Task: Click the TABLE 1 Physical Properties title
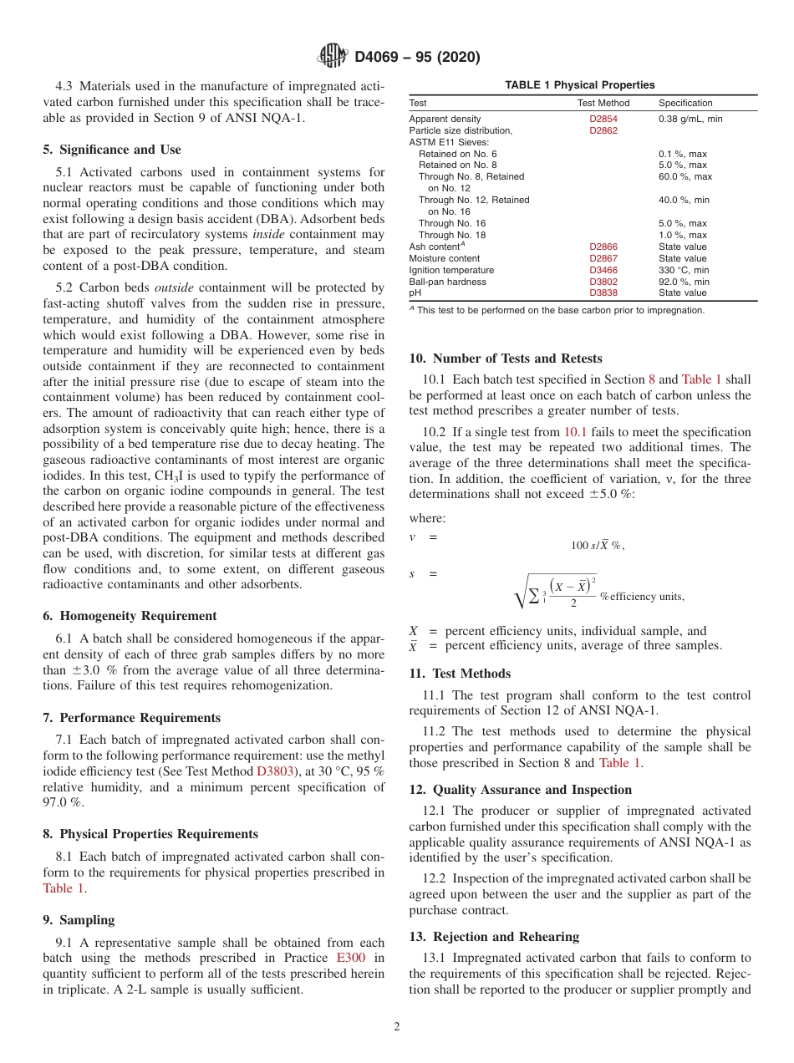click(579, 85)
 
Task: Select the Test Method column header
click(603, 104)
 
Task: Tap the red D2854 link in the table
click(603, 120)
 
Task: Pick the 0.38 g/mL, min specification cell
click(690, 120)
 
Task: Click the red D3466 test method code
click(603, 271)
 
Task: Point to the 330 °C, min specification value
click(684, 271)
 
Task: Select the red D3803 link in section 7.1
click(275, 771)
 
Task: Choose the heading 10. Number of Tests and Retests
click(505, 359)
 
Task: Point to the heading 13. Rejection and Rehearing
click(493, 936)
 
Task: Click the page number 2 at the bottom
click(397, 1027)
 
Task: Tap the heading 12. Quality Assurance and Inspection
click(520, 790)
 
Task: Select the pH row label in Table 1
click(415, 293)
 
